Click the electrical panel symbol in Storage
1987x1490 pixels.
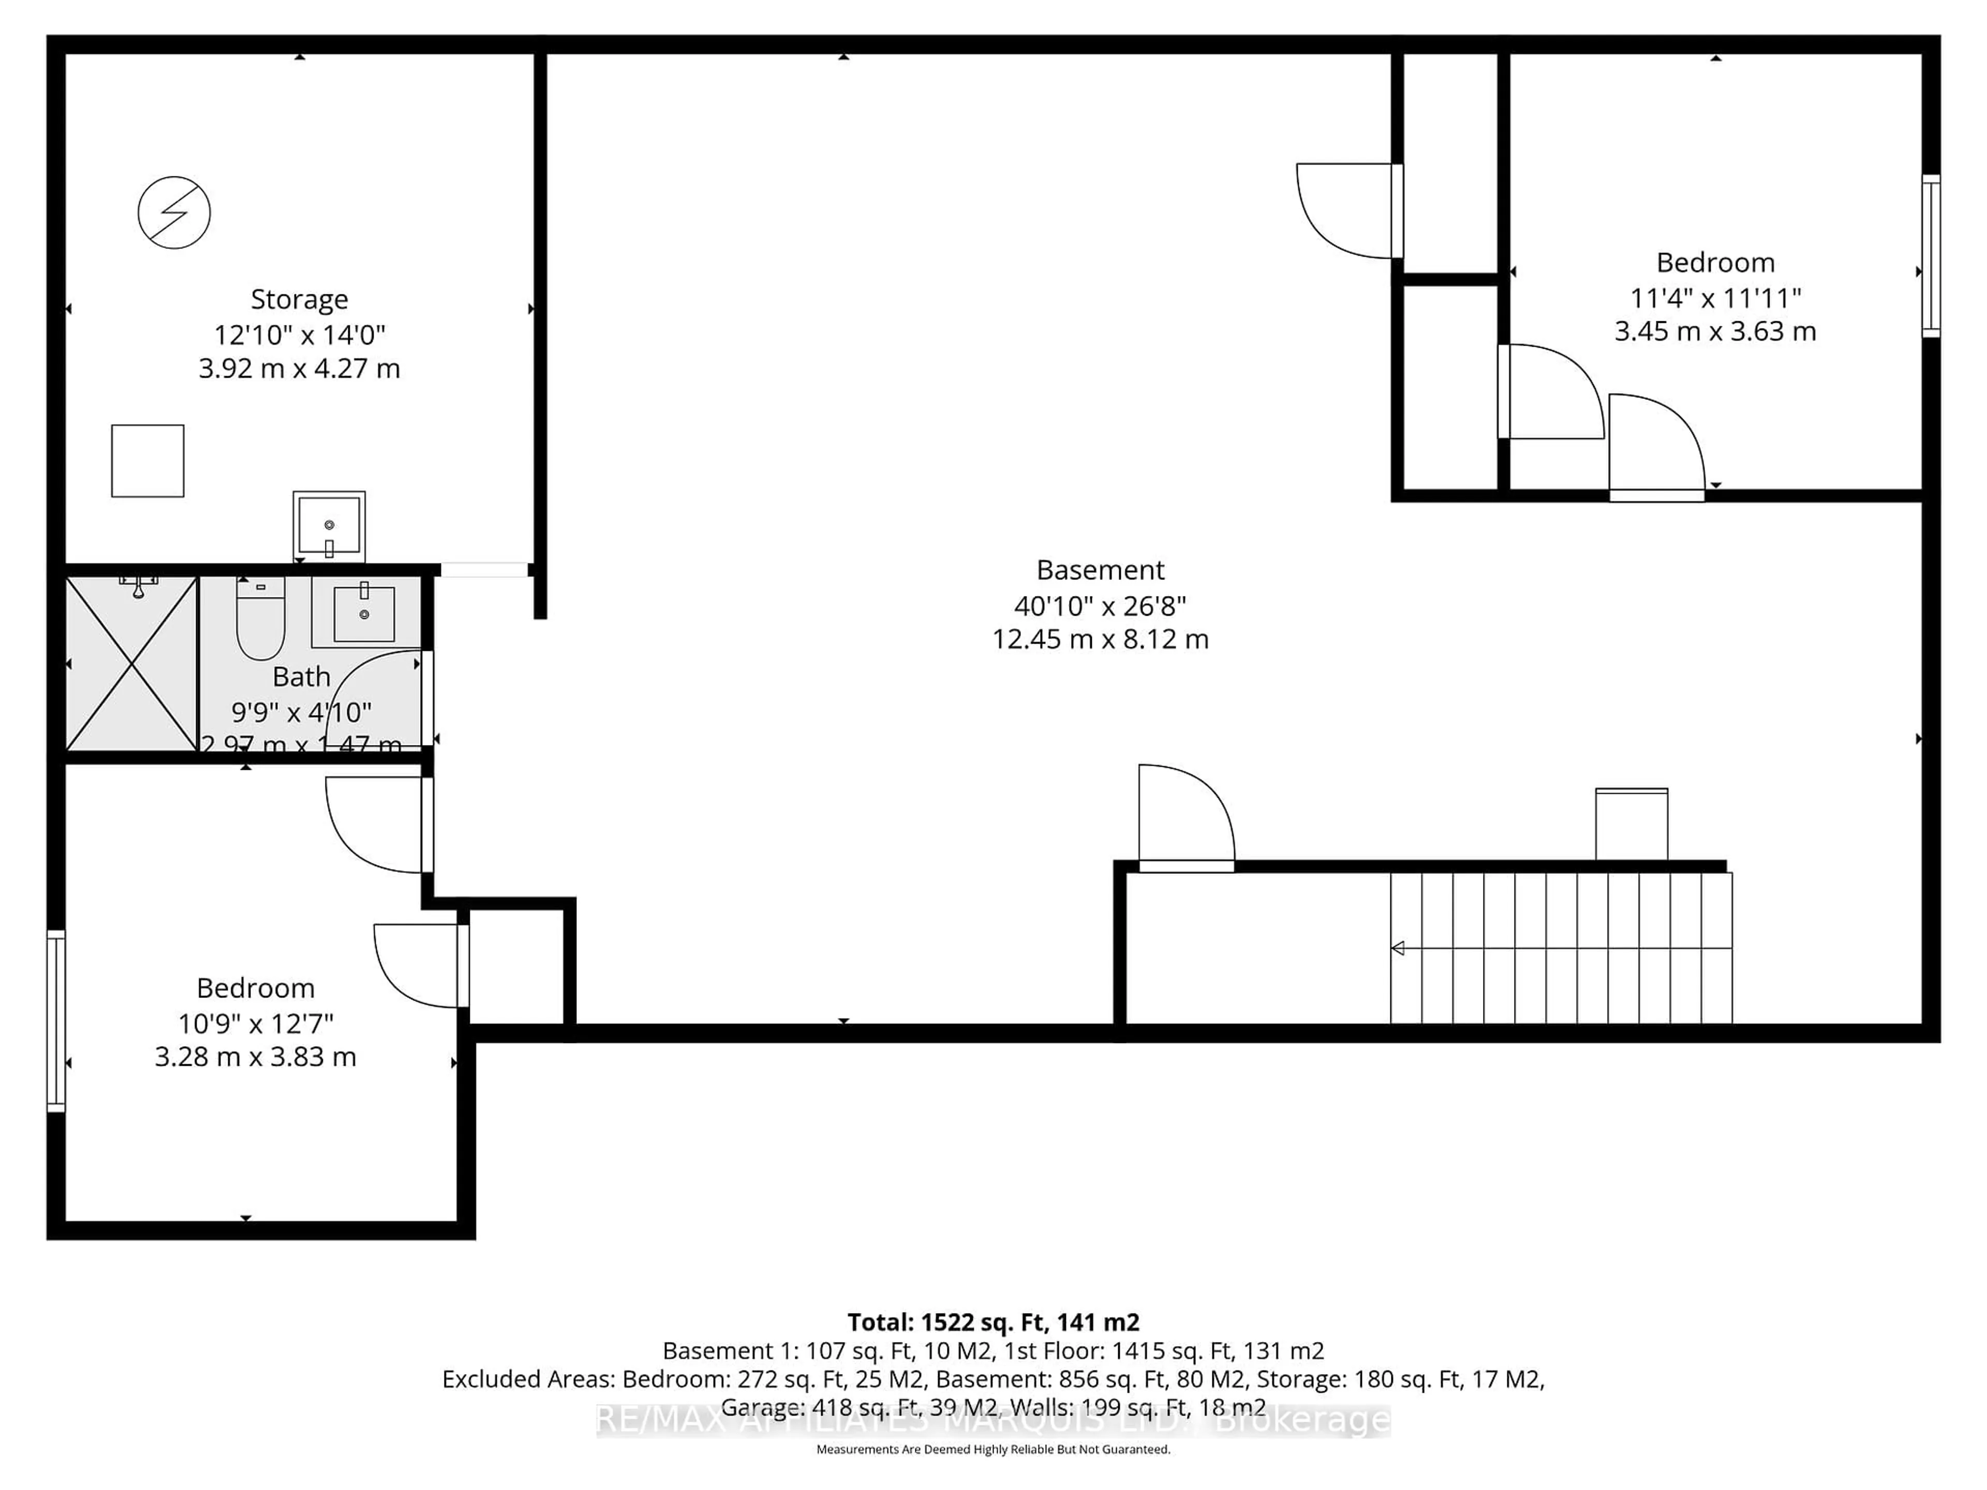pyautogui.click(x=174, y=213)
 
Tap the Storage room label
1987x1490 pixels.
pyautogui.click(x=299, y=299)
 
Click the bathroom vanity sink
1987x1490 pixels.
pyautogui.click(x=364, y=614)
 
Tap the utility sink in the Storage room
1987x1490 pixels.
pyautogui.click(x=329, y=526)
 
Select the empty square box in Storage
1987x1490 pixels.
pyautogui.click(x=148, y=461)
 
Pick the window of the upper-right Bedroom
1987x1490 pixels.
pyautogui.click(x=1931, y=256)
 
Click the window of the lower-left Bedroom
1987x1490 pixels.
pyautogui.click(x=56, y=1021)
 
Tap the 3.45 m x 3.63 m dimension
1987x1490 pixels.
pyautogui.click(x=1715, y=332)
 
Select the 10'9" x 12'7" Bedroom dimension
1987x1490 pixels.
pyautogui.click(x=256, y=1023)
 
